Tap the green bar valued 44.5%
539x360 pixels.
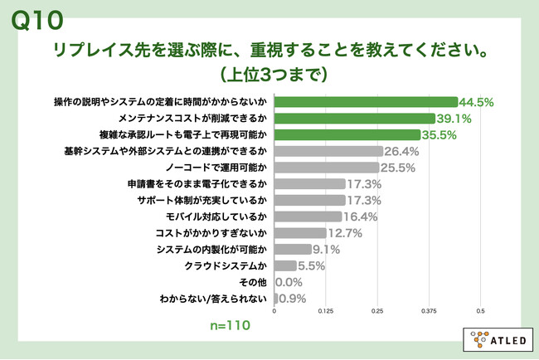pyautogui.click(x=366, y=103)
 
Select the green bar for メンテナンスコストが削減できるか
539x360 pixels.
pyautogui.click(x=354, y=119)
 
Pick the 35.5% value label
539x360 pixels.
pyautogui.click(x=464, y=135)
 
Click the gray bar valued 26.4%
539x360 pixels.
pyautogui.click(x=328, y=151)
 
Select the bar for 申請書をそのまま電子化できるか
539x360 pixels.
pyautogui.click(x=309, y=183)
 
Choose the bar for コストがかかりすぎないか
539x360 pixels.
pyautogui.click(x=300, y=232)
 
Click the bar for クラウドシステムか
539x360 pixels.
pyautogui.click(x=284, y=265)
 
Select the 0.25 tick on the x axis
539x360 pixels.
pyautogui.click(x=377, y=311)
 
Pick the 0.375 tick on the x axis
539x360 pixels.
pyautogui.click(x=429, y=311)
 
